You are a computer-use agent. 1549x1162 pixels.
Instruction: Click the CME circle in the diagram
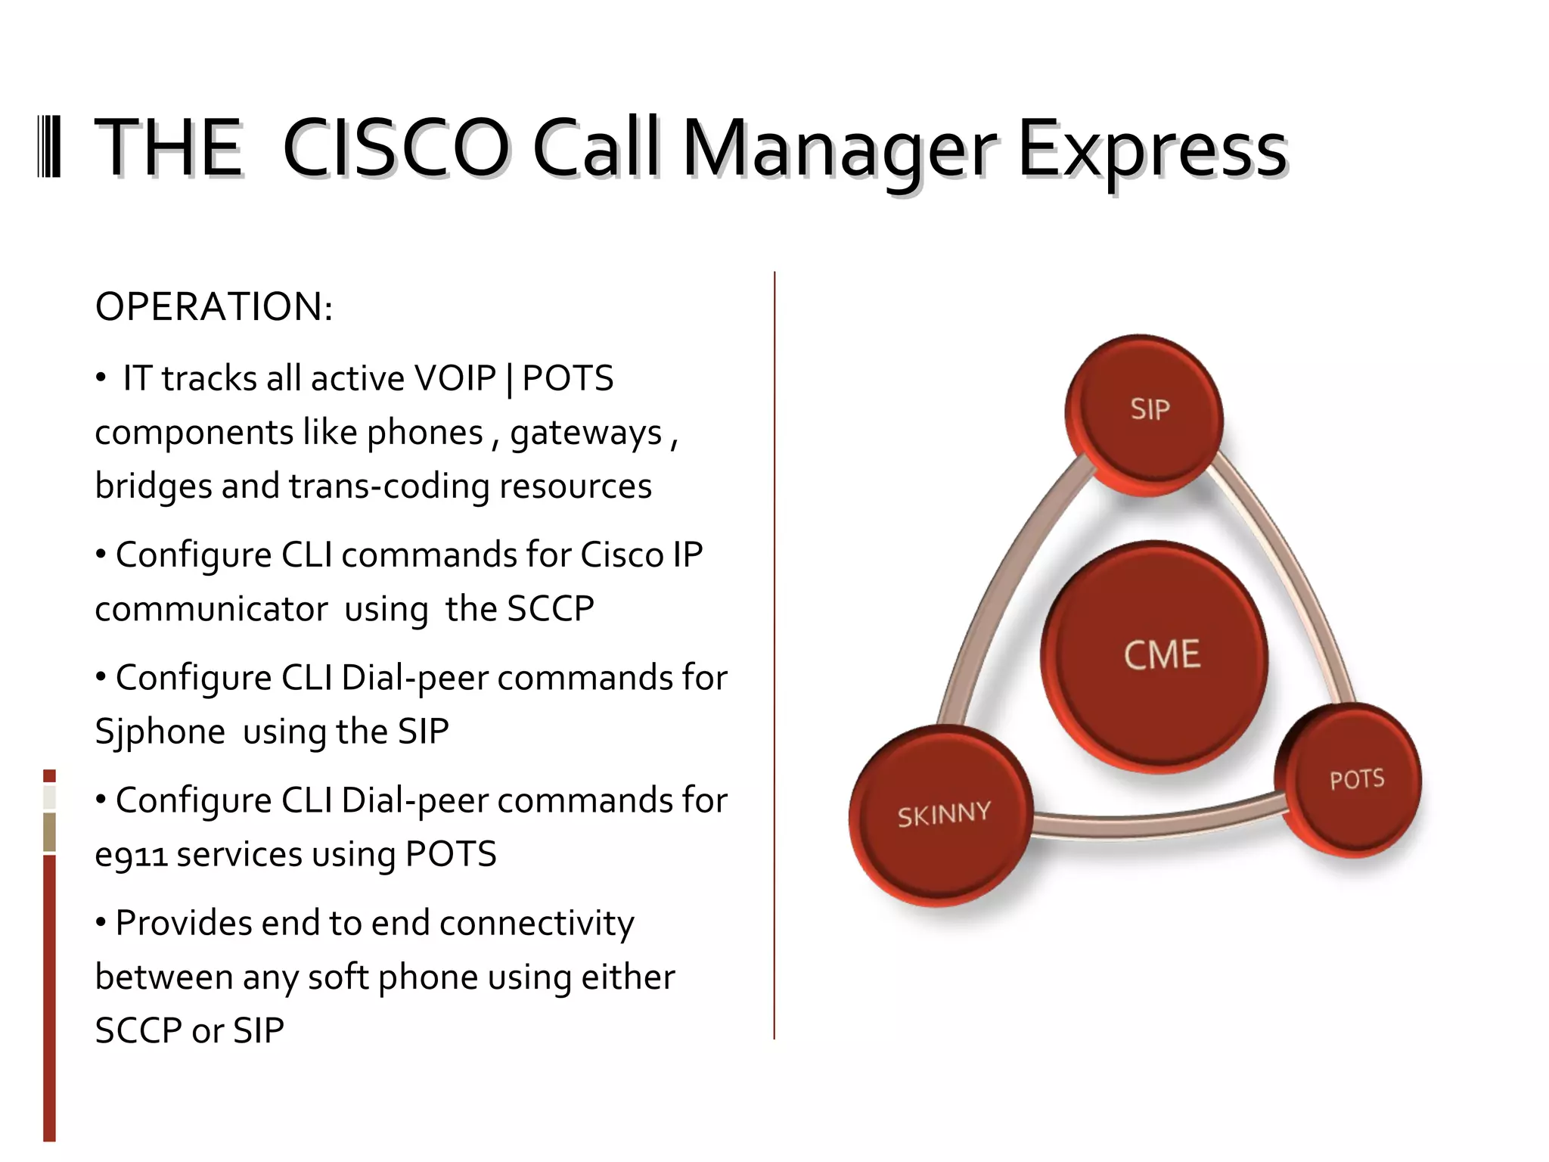1155,655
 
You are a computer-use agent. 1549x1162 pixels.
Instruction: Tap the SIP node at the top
1145,412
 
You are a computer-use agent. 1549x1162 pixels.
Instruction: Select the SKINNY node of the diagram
942,816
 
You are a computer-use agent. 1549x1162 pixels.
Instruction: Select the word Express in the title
1151,149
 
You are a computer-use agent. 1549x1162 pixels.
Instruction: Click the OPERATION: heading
214,307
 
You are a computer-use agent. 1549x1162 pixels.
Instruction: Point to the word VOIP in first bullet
455,378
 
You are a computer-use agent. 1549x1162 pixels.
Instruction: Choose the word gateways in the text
586,433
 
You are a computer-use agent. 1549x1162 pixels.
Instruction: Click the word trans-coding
389,486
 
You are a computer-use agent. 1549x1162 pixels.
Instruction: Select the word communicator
212,609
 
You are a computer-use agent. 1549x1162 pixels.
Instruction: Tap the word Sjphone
160,732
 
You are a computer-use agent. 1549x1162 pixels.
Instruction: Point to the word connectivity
536,924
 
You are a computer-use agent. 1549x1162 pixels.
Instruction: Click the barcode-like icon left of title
49,148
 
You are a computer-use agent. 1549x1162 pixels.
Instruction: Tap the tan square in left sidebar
49,831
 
